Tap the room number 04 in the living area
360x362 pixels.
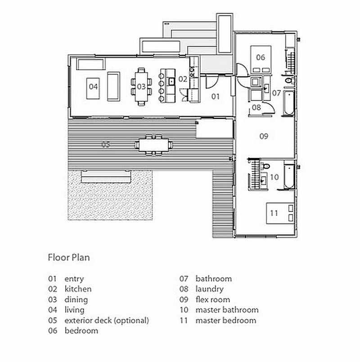coord(93,86)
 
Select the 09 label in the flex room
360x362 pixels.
coord(264,136)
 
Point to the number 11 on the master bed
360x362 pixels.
coord(274,212)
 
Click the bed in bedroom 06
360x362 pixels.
coord(261,58)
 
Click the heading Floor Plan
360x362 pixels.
coord(69,258)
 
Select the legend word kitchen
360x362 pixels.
coord(78,289)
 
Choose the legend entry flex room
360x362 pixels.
coord(212,299)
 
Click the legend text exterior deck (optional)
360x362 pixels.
coord(107,321)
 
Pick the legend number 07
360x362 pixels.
coord(184,279)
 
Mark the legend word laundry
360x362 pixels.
coord(209,289)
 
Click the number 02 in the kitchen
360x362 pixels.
coord(183,79)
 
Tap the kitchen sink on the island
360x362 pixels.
coord(172,81)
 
